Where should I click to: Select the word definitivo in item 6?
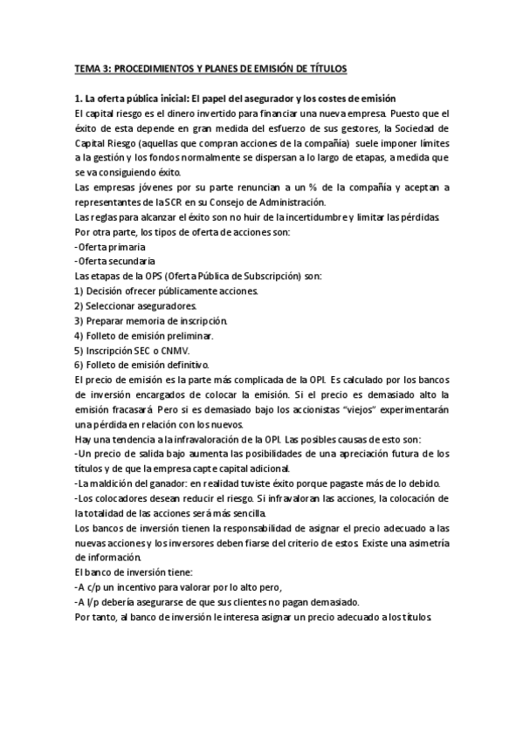click(x=182, y=366)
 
